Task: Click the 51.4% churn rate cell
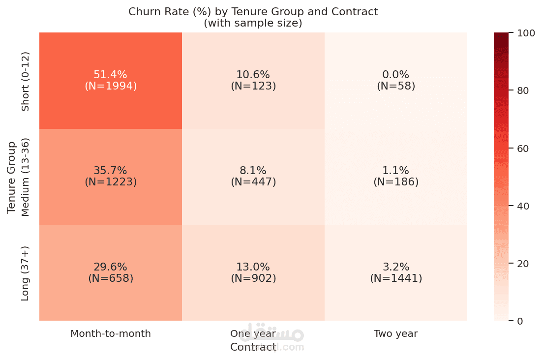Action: (111, 80)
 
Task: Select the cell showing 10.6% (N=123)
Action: (253, 80)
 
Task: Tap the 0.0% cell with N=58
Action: (396, 80)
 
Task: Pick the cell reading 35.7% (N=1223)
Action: (111, 176)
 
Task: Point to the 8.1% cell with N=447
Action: (253, 176)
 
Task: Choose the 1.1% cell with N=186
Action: (396, 176)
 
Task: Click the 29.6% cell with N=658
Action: (111, 272)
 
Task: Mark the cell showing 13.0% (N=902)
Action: (253, 272)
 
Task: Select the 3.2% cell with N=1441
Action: (396, 272)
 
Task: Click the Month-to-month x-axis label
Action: (111, 334)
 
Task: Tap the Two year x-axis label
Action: (395, 334)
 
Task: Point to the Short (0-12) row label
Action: (26, 81)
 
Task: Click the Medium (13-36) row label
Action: (26, 177)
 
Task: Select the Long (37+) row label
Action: (26, 273)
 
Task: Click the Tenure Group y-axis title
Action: (12, 177)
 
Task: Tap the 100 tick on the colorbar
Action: (526, 33)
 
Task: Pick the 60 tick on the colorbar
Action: (523, 148)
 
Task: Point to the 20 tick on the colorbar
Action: (523, 264)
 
